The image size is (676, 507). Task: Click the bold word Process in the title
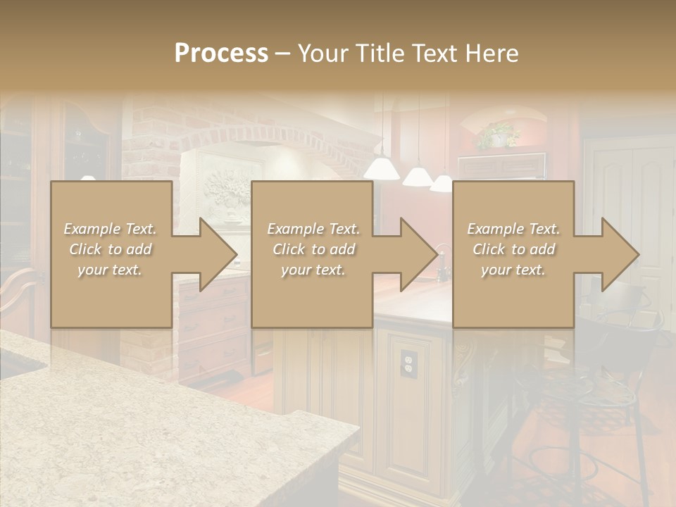(221, 53)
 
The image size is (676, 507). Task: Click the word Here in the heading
(492, 53)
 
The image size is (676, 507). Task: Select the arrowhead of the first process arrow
(218, 254)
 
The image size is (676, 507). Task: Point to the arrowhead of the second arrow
(419, 254)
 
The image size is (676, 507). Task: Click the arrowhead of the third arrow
(620, 254)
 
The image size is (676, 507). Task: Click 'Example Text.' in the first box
(111, 229)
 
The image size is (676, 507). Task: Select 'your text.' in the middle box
(313, 270)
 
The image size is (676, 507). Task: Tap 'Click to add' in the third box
(514, 249)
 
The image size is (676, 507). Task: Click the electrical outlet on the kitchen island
(408, 362)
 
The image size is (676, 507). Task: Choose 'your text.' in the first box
(109, 270)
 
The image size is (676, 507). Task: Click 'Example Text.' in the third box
(513, 229)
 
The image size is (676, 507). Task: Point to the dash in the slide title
(282, 54)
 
